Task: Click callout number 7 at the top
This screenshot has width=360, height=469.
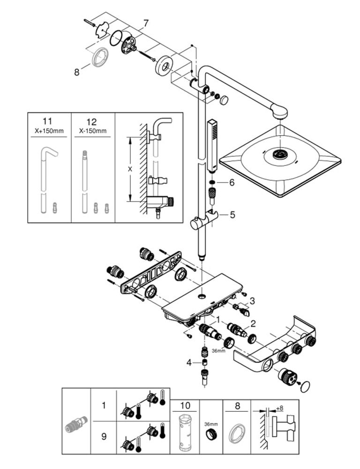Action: pyautogui.click(x=146, y=23)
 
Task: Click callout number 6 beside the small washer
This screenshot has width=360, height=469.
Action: pyautogui.click(x=232, y=182)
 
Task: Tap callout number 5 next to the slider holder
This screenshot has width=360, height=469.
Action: pyautogui.click(x=232, y=215)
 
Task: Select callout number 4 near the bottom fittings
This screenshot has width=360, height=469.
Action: pyautogui.click(x=189, y=363)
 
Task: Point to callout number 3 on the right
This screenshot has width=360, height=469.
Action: pyautogui.click(x=252, y=301)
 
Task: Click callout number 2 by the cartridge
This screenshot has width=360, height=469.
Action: pyautogui.click(x=253, y=323)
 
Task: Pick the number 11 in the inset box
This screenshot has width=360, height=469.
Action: pyautogui.click(x=47, y=121)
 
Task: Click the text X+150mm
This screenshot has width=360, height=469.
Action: pyautogui.click(x=49, y=131)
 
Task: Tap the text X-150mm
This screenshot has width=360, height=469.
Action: pyautogui.click(x=93, y=131)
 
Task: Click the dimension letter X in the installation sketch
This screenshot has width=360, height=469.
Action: pyautogui.click(x=130, y=169)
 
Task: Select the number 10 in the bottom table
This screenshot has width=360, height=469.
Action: pyautogui.click(x=185, y=406)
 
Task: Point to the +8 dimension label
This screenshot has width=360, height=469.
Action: pyautogui.click(x=279, y=408)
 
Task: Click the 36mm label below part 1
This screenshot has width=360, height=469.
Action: pyautogui.click(x=218, y=351)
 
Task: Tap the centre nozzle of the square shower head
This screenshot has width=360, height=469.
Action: pyautogui.click(x=280, y=154)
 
